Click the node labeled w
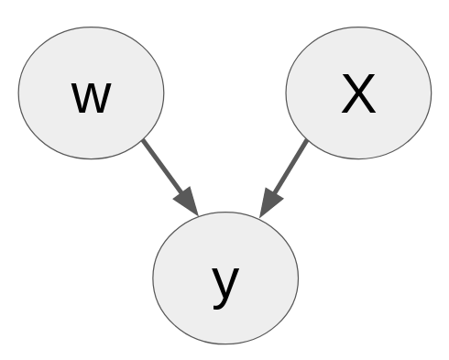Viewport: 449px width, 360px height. tap(91, 92)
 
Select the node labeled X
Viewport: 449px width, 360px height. tap(358, 92)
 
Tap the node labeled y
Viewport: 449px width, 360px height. tap(225, 278)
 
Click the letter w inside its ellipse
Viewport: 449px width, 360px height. tap(91, 97)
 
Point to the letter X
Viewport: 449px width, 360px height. tap(358, 94)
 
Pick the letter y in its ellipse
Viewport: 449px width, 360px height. tap(225, 285)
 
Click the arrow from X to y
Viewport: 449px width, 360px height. tap(287, 173)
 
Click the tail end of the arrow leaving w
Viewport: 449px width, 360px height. tap(145, 141)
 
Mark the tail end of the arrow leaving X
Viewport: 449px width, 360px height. tap(307, 141)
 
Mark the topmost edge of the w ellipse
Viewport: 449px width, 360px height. tap(91, 26)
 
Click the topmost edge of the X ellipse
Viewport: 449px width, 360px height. tap(358, 26)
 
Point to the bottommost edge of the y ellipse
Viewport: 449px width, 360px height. tap(225, 344)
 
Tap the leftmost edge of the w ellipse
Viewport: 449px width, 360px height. tap(18, 92)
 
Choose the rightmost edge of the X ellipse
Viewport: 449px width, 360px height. tap(431, 92)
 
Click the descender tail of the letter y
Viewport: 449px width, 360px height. tap(218, 306)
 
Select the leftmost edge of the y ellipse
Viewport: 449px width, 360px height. tap(153, 278)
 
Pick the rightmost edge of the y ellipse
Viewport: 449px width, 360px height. tap(299, 278)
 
